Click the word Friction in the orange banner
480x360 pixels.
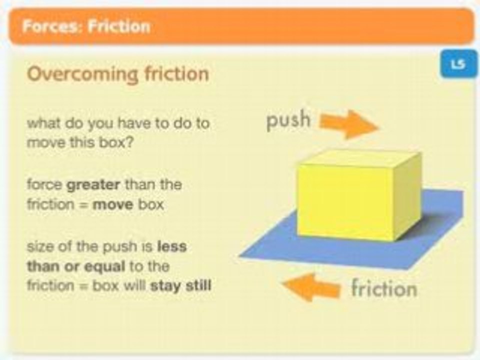[x=118, y=26]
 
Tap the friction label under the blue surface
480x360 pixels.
[x=383, y=289]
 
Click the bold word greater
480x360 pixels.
[x=93, y=184]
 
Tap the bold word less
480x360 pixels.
[x=171, y=247]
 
